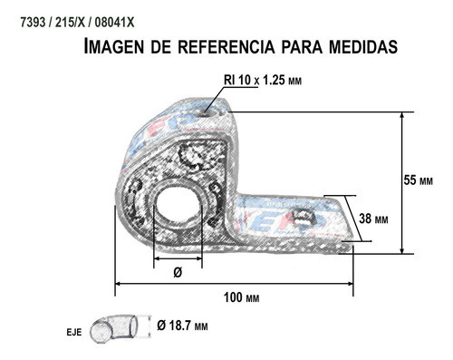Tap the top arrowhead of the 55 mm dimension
[x=403, y=115]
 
